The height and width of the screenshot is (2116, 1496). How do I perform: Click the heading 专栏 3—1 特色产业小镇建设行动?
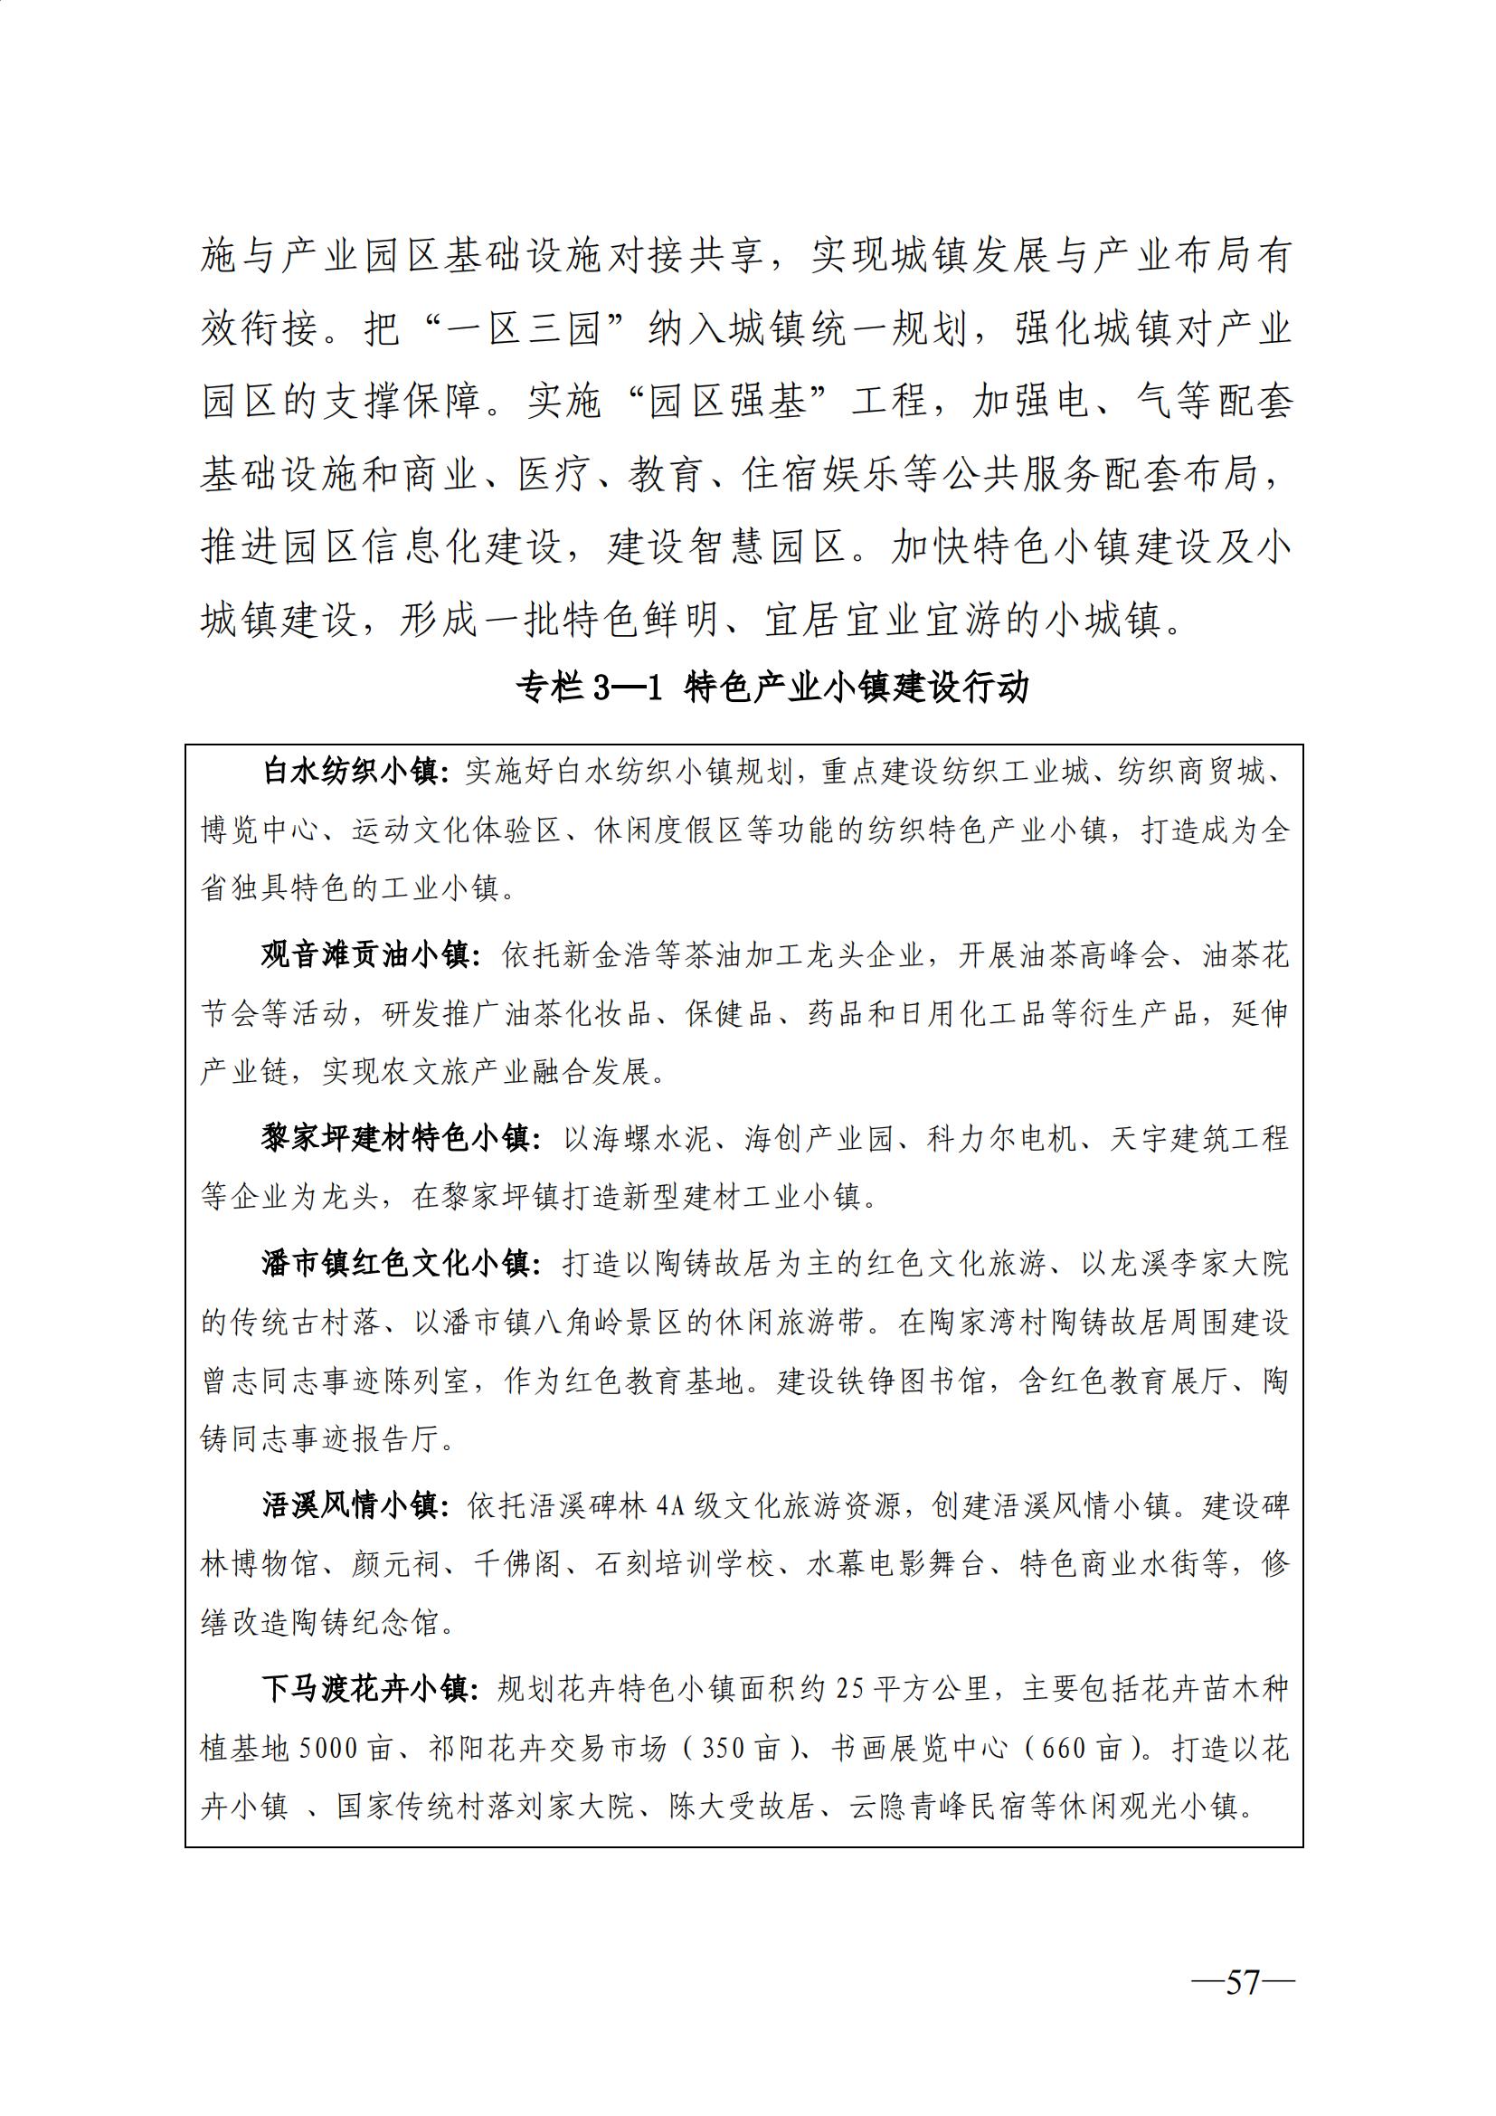tap(771, 687)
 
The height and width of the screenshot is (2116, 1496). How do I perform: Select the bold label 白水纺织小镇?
tap(350, 772)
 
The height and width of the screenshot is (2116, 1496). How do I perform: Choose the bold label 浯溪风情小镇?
tap(350, 1506)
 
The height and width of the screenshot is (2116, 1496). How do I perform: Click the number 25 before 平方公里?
tap(850, 1689)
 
